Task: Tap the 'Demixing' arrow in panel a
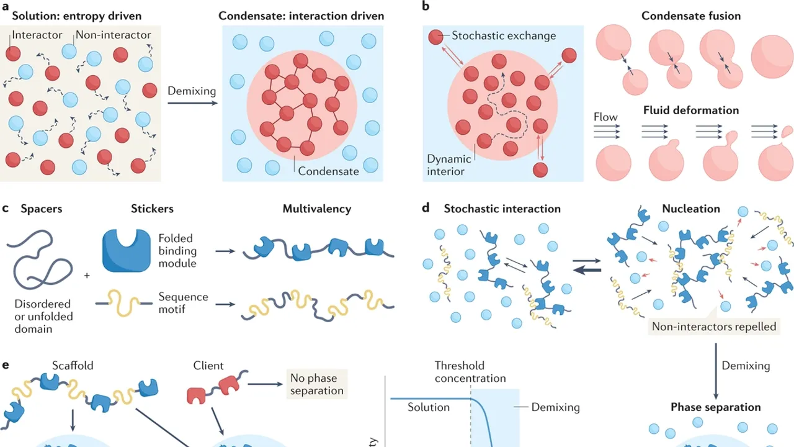191,104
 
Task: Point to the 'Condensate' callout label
328,171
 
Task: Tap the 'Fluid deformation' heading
690,111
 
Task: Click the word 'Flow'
605,117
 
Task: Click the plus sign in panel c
86,274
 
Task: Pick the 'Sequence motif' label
183,303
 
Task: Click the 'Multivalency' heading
316,209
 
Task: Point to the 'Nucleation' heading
690,209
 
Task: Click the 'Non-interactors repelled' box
714,326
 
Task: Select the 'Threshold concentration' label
470,372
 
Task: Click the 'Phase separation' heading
715,407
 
